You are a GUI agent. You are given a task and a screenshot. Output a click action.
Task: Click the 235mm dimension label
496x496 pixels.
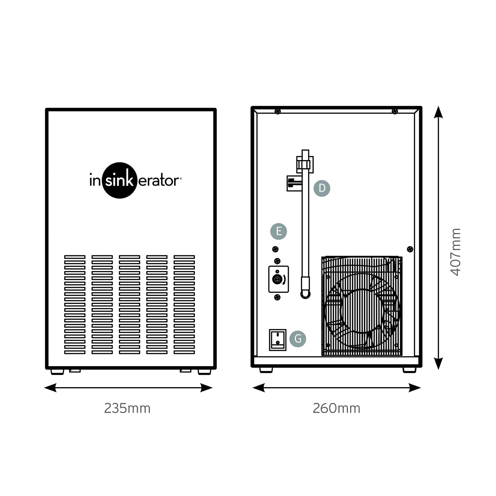[127, 408]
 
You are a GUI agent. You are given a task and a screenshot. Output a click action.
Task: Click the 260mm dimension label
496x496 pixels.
[336, 408]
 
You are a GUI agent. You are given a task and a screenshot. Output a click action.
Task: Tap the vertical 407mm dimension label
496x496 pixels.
[456, 252]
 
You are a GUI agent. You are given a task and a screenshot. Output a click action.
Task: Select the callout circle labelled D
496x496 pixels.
[322, 188]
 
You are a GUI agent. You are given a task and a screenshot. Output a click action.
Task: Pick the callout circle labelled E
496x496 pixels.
[279, 231]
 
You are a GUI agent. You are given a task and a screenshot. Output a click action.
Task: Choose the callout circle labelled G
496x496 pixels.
[298, 339]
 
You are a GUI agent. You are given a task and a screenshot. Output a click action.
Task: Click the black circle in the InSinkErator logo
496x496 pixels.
[119, 180]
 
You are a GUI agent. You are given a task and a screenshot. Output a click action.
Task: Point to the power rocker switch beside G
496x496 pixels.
[278, 340]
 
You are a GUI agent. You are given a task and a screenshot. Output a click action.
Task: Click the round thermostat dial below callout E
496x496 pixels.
[277, 279]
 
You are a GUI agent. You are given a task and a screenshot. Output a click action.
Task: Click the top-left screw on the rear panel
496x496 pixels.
[278, 111]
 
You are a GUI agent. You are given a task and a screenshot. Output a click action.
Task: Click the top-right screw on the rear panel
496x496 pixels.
[395, 111]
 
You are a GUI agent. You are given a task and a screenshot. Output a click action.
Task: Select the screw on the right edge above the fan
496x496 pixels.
[410, 249]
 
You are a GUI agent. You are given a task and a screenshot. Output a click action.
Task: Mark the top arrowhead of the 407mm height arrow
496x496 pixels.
[438, 112]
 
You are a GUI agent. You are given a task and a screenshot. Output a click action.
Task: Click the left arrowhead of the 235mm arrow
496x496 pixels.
[51, 388]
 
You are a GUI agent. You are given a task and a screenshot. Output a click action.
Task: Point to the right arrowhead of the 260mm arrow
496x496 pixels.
[414, 388]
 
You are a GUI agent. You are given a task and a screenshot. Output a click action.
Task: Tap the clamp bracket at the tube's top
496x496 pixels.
[305, 164]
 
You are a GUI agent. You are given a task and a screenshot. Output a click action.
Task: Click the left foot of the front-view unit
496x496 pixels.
[57, 372]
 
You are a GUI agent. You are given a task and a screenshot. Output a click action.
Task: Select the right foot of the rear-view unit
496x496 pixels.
[409, 370]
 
